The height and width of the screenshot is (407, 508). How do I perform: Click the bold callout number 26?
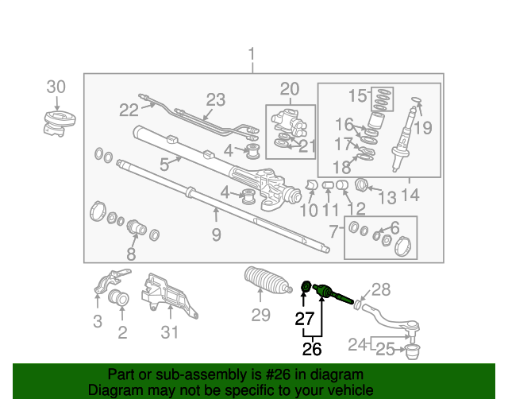click(312, 349)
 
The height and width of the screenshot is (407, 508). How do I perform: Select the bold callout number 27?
click(305, 319)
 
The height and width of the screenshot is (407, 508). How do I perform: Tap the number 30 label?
click(56, 87)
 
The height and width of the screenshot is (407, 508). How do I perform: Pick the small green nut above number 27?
click(306, 286)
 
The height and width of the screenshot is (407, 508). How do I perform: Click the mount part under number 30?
click(60, 123)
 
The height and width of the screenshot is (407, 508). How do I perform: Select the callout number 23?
click(216, 99)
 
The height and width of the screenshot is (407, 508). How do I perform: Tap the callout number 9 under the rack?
click(217, 235)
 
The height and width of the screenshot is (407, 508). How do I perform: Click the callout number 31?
click(170, 332)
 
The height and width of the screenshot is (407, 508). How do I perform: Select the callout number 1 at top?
click(252, 54)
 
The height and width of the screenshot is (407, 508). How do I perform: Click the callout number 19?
click(423, 128)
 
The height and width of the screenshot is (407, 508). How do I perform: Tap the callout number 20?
click(290, 89)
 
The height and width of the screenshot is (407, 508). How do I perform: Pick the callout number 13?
click(387, 197)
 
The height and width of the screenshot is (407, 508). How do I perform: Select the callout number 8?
click(131, 254)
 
